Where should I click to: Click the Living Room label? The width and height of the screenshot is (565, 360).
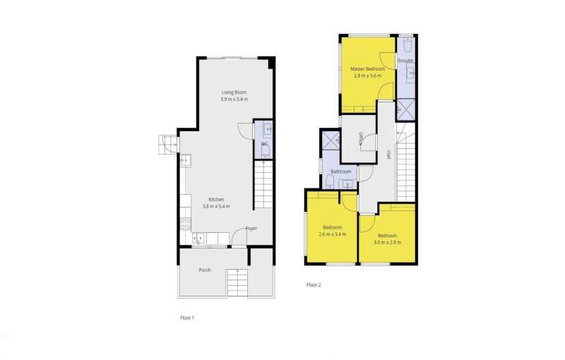234,92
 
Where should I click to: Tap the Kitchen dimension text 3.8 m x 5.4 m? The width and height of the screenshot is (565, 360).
216,206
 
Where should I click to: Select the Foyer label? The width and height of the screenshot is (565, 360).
251,228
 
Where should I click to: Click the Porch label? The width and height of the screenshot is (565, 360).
205,270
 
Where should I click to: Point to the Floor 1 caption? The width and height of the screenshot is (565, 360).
187,318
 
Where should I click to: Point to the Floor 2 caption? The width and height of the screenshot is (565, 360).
314,284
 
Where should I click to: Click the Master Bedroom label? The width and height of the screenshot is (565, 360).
367,68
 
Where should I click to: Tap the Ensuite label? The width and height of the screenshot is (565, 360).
405,61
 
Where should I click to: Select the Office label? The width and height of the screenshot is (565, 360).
360,138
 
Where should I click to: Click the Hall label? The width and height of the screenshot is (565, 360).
388,155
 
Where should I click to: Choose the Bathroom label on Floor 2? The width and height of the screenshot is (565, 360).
341,172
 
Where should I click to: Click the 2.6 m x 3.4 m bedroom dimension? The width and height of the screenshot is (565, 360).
332,234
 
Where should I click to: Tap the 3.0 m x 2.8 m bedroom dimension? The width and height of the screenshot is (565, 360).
387,242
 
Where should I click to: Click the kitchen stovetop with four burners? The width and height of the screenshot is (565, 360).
186,224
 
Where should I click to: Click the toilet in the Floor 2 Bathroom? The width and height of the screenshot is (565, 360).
330,182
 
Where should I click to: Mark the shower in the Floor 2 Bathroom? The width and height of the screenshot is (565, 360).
331,140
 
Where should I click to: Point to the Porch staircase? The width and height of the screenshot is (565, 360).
237,282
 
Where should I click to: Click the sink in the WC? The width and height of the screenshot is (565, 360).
268,129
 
